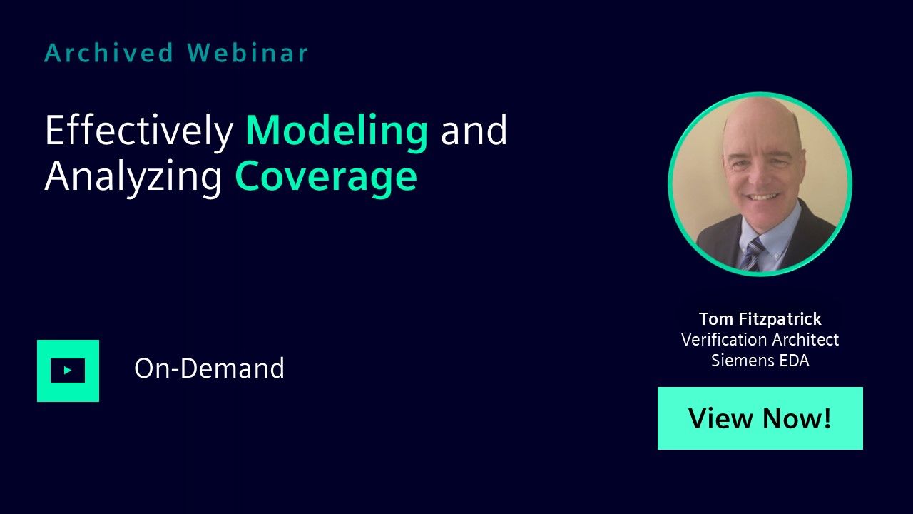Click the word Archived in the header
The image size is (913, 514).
109,53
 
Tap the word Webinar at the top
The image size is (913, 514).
248,53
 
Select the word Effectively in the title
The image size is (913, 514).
139,131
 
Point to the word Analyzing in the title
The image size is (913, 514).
133,177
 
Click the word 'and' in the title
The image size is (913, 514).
474,131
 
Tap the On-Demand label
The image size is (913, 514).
209,368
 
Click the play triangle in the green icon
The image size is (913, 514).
68,371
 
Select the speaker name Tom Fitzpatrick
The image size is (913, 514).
760,319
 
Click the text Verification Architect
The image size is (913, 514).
760,339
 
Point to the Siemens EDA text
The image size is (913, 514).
760,361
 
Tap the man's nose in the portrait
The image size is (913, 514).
758,176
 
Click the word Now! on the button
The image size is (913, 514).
797,418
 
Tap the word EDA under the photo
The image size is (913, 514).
795,361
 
